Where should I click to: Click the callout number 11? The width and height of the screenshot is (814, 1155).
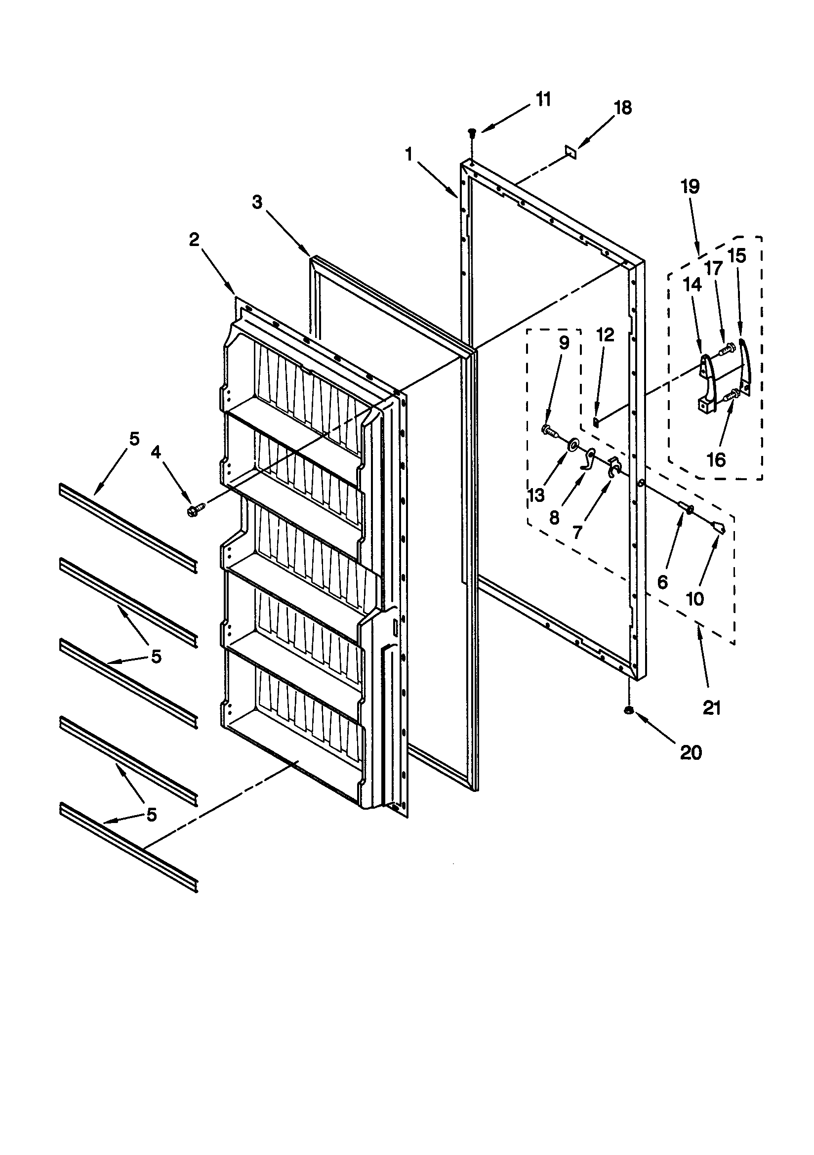tap(543, 100)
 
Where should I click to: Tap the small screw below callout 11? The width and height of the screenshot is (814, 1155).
tap(472, 133)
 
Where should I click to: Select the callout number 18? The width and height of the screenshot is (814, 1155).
tap(623, 108)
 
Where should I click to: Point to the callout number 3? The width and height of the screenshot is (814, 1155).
tap(257, 203)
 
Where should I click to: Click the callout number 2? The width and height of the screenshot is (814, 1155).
tap(194, 240)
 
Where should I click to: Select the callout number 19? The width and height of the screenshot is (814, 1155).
tap(690, 187)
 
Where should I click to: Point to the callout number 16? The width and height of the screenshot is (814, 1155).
tap(716, 459)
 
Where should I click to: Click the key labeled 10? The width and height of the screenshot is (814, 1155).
tap(720, 527)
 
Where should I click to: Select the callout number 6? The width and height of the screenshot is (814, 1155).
tap(662, 582)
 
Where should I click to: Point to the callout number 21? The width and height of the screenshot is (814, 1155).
tap(712, 708)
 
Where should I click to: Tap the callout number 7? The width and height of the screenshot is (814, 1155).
tap(577, 532)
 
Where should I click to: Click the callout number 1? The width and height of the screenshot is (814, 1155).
tap(408, 155)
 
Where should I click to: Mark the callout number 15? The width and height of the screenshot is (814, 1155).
tap(737, 256)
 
